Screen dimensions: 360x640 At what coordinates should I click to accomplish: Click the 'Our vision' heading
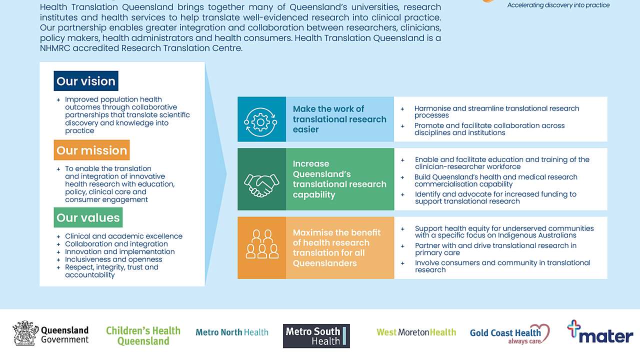pyautogui.click(x=86, y=81)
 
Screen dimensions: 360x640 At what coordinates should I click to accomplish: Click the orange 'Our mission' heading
pyautogui.click(x=91, y=150)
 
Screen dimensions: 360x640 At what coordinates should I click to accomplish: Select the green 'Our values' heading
pyautogui.click(x=88, y=217)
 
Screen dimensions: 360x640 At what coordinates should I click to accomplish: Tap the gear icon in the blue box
pyautogui.click(x=261, y=119)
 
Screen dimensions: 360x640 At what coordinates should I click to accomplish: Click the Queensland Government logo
pyautogui.click(x=50, y=333)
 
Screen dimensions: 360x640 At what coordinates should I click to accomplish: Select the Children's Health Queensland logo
pyautogui.click(x=143, y=335)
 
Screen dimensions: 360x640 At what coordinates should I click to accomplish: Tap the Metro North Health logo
pyautogui.click(x=231, y=332)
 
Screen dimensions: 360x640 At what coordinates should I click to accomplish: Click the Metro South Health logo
pyautogui.click(x=316, y=336)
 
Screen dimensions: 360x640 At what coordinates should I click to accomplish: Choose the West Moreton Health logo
pyautogui.click(x=416, y=332)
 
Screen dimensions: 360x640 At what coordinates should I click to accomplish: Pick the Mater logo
pyautogui.click(x=600, y=332)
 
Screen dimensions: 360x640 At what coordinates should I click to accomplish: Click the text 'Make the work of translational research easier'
pyautogui.click(x=339, y=119)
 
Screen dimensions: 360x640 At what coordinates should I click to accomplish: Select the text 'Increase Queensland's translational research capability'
pyautogui.click(x=339, y=179)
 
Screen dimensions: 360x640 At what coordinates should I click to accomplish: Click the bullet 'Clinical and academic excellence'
pyautogui.click(x=123, y=236)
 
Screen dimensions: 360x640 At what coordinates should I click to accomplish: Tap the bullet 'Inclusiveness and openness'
pyautogui.click(x=113, y=259)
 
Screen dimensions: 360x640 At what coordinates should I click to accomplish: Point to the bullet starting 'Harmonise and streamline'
pyautogui.click(x=496, y=111)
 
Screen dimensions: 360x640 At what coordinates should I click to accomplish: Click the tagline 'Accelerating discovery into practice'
pyautogui.click(x=558, y=5)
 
